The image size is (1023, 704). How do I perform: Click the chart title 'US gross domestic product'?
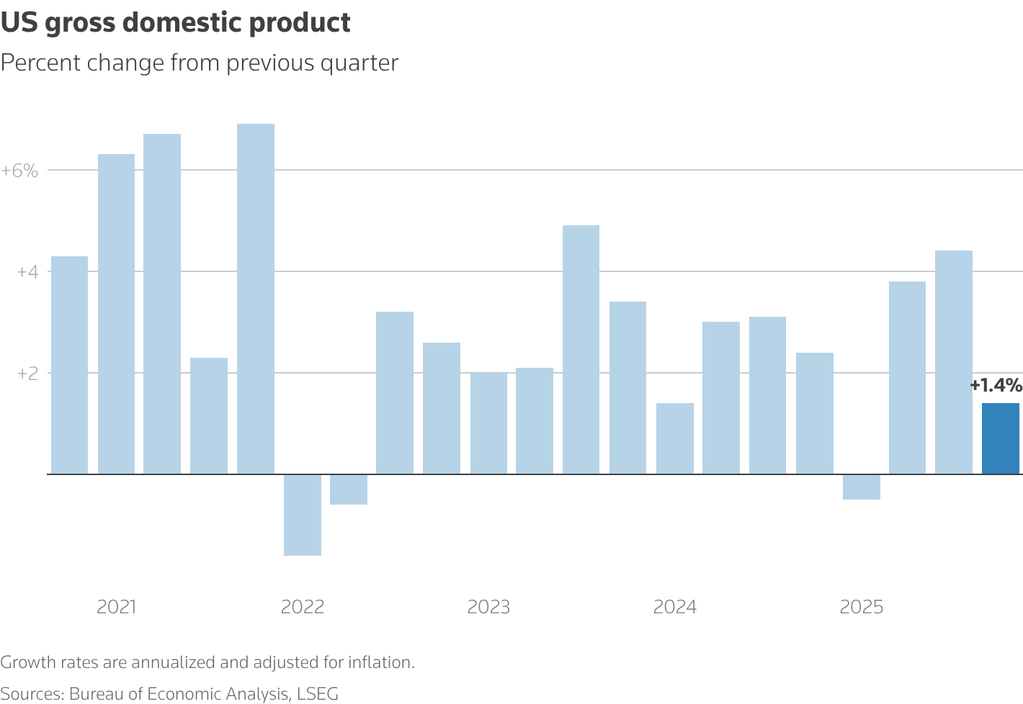[x=175, y=23]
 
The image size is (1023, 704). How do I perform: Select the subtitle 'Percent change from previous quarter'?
[x=200, y=63]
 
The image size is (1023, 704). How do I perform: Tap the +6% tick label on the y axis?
[x=19, y=171]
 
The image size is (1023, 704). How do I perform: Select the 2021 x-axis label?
[x=117, y=607]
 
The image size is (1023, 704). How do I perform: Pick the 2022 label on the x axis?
[x=303, y=607]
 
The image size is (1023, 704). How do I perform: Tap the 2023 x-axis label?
[x=488, y=607]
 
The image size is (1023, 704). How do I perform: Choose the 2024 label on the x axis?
[x=675, y=607]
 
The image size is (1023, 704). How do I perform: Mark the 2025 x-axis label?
[x=862, y=607]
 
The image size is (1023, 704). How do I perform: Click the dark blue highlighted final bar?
[x=1000, y=438]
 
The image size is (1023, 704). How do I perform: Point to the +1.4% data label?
[x=995, y=386]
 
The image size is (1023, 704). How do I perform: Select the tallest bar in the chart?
[x=256, y=299]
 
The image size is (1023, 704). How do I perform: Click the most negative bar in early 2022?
[x=302, y=515]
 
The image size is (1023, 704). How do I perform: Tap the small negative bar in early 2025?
[x=861, y=487]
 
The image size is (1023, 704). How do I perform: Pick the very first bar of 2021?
[x=69, y=365]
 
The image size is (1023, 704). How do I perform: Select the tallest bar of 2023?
[x=581, y=350]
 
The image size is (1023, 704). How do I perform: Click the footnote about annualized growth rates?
[x=207, y=662]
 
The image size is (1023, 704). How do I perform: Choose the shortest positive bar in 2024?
[x=675, y=438]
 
